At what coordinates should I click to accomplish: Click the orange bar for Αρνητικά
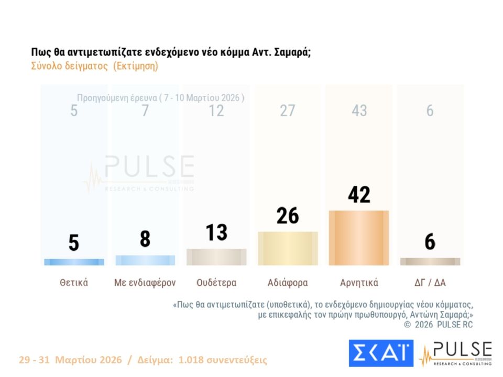[359, 238]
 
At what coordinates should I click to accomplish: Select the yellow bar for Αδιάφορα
[288, 249]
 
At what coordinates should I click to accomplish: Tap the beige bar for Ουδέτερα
[216, 257]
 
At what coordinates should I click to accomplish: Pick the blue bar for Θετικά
[74, 262]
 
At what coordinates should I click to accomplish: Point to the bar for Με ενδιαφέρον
[145, 260]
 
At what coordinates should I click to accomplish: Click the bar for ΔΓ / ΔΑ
[430, 261]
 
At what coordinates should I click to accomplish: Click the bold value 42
[359, 195]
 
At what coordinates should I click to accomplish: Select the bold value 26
[288, 216]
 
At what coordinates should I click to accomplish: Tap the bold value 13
[216, 232]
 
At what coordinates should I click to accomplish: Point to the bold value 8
[145, 239]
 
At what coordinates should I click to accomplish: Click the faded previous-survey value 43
[359, 111]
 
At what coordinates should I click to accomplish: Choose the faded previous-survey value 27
[288, 111]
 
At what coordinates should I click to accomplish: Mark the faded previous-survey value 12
[216, 111]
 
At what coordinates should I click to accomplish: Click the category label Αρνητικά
[359, 283]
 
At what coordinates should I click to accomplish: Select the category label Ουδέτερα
[216, 283]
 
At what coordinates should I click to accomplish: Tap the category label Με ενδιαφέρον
[145, 283]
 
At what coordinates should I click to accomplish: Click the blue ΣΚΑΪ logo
[381, 353]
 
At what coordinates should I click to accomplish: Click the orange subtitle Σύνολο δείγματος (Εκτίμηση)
[95, 66]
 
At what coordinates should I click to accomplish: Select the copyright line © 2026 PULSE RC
[439, 325]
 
